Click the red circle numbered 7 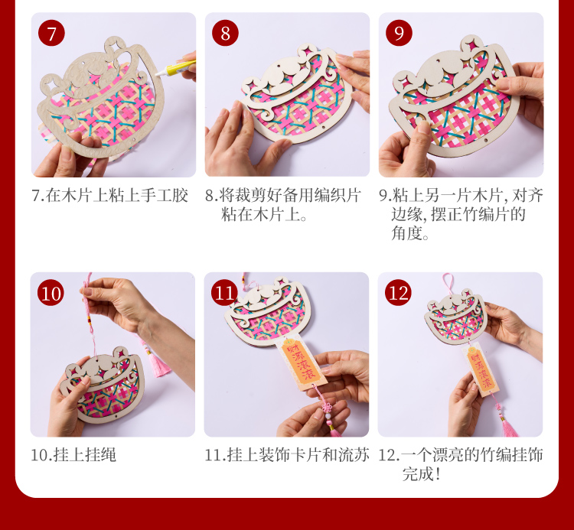point(51,33)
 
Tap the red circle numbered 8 point(225,33)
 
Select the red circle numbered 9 point(399,33)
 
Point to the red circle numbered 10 point(51,293)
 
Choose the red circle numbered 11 point(224,293)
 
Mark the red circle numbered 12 point(398,293)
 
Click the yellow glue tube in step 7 point(176,67)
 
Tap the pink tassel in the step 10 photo point(158,363)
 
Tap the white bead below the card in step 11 point(328,415)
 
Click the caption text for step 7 point(109,196)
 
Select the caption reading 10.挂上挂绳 point(73,455)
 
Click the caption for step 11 point(287,455)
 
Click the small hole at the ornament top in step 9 point(436,62)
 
